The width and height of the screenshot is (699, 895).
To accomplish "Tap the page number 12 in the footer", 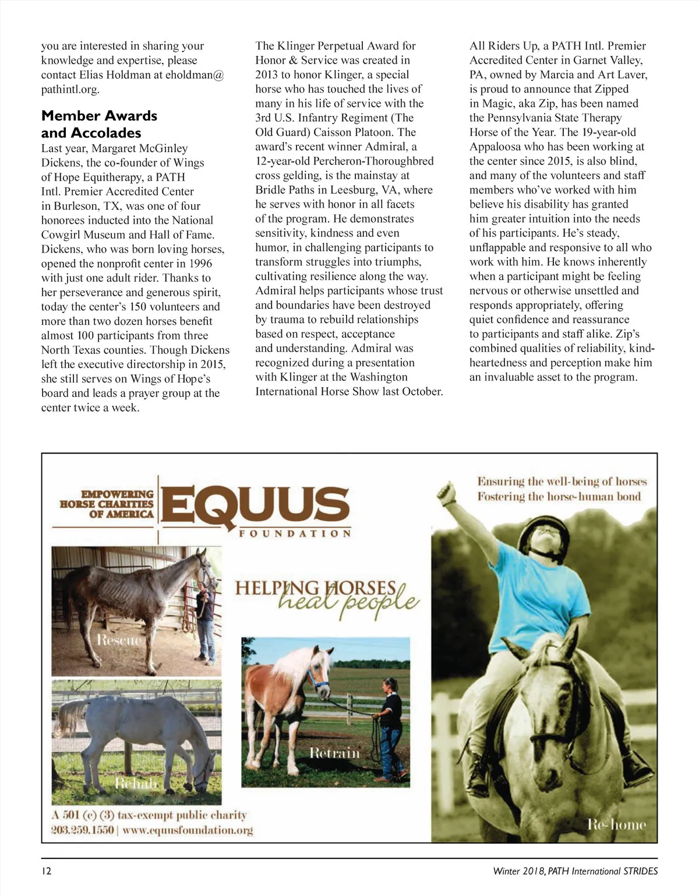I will (x=47, y=871).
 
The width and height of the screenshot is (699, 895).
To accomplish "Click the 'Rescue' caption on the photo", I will (x=119, y=640).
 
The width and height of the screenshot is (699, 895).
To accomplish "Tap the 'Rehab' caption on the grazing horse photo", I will (x=135, y=782).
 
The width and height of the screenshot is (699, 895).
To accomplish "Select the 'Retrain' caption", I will (x=334, y=753).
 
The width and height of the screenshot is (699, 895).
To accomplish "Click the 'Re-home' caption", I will (x=616, y=824).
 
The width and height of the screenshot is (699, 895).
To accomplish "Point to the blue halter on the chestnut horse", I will (x=317, y=680).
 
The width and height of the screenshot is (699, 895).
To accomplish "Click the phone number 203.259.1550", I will (x=82, y=830).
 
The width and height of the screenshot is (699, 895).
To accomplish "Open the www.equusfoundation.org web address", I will (x=188, y=830).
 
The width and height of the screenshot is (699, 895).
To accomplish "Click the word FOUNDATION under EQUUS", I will (x=295, y=534).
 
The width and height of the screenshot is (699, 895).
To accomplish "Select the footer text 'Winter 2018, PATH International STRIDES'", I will (x=575, y=871).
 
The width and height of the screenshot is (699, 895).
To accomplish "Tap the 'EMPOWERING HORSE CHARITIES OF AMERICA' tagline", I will (x=108, y=504).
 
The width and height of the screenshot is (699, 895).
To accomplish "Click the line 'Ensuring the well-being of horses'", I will (x=562, y=482).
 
